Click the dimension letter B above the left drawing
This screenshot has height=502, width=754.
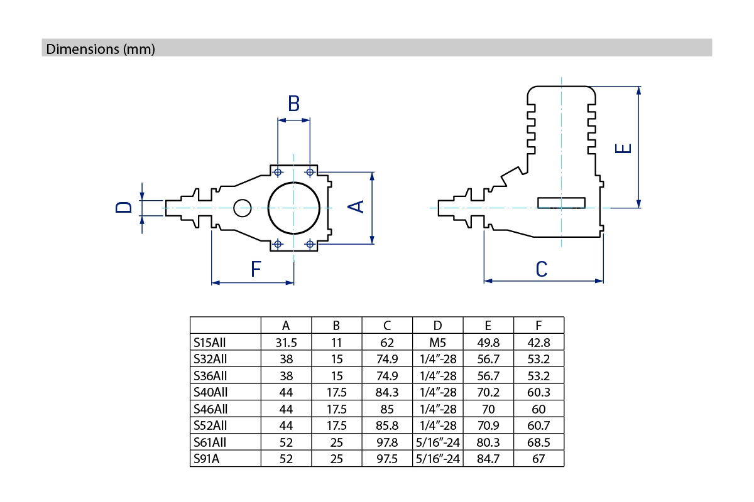pos(293,104)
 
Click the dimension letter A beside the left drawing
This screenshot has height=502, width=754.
pos(357,206)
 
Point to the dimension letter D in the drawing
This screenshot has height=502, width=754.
pos(124,207)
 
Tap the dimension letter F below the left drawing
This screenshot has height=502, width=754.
pos(256,270)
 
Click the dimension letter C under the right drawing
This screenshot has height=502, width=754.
pos(542,269)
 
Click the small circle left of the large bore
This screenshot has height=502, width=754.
pos(242,207)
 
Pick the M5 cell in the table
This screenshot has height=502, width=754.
pos(438,343)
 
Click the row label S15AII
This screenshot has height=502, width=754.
pos(210,343)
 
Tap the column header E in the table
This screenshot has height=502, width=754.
pos(488,326)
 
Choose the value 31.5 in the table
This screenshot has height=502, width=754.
pos(286,343)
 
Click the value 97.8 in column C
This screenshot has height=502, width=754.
pos(387,442)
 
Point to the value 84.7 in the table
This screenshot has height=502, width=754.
pos(488,459)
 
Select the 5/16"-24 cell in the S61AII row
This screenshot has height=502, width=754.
pos(438,442)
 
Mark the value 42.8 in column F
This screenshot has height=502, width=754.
pos(538,343)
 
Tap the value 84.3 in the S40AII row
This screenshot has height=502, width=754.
pos(387,392)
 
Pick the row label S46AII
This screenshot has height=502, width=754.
pos(210,409)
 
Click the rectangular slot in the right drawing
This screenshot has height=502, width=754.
pos(562,202)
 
